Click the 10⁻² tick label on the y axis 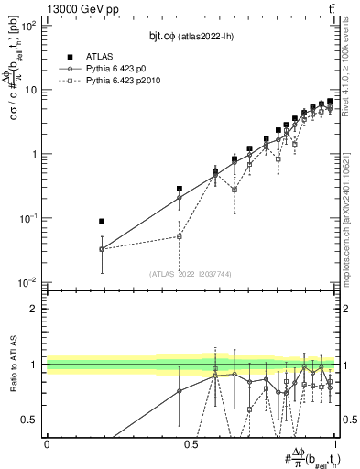pyautogui.click(x=28, y=282)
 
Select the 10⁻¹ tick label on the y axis pyautogui.click(x=28, y=218)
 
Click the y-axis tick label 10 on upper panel pyautogui.click(x=30, y=90)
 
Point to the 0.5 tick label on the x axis pyautogui.click(x=191, y=443)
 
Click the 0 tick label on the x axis pyautogui.click(x=47, y=443)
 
